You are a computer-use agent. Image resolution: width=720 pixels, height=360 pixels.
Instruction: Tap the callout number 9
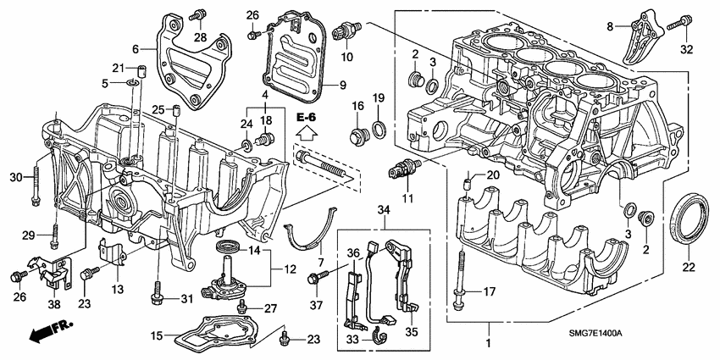(x=342, y=85)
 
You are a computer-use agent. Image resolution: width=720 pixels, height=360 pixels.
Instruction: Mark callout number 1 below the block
(x=486, y=346)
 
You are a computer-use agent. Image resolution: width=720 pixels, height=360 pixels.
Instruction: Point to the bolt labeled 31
(x=158, y=294)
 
